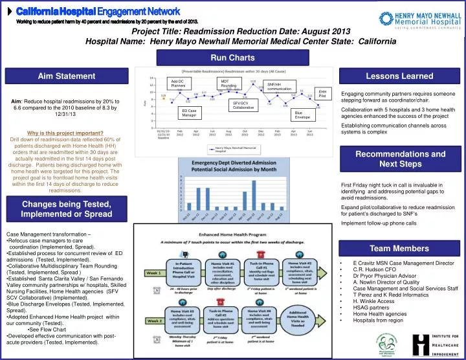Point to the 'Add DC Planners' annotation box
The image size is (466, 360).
[179, 83]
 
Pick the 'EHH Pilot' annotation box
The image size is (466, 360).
[323, 94]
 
